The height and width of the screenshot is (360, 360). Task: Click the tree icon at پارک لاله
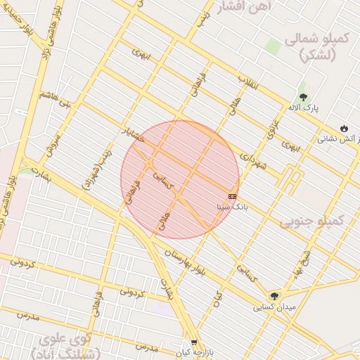303,96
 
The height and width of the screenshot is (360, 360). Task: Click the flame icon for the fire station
344,128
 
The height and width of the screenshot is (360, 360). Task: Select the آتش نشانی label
337,139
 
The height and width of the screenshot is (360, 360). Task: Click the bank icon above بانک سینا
233,196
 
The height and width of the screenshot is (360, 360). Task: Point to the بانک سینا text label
233,207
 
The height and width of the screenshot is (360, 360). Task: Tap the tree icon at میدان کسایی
274,296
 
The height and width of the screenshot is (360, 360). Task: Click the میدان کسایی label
276,308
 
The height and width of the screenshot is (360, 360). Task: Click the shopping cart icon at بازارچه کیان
195,343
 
